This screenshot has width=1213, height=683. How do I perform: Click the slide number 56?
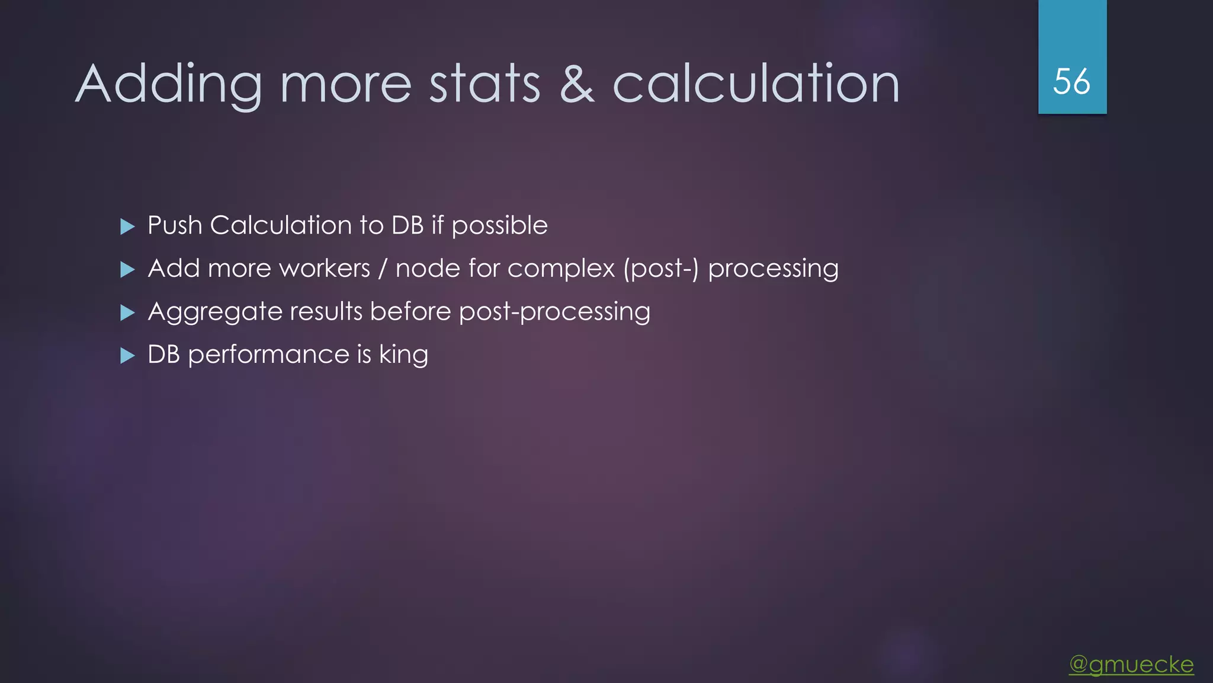click(x=1071, y=81)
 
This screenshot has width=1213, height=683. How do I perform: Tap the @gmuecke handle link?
click(x=1131, y=664)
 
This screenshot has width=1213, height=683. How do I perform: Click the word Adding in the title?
click(x=169, y=85)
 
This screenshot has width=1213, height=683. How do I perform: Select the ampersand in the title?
click(x=576, y=85)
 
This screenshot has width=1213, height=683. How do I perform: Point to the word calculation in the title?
click(x=756, y=85)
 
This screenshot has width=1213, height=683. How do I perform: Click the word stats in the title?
click(x=484, y=85)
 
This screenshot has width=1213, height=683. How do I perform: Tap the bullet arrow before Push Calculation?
click(x=127, y=226)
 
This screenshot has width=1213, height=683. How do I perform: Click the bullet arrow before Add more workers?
click(x=127, y=270)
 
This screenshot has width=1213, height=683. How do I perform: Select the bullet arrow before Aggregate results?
click(x=127, y=312)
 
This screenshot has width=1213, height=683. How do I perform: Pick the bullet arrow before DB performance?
click(x=127, y=356)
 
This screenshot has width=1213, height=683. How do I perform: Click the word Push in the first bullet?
click(x=175, y=226)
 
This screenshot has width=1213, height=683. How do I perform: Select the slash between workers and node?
click(x=383, y=269)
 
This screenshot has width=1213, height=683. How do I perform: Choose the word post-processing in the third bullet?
click(x=554, y=312)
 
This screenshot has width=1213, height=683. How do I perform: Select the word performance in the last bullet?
click(x=268, y=356)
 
